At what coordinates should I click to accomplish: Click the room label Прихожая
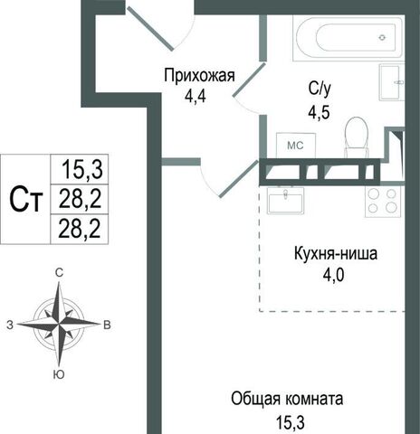pyautogui.click(x=199, y=76)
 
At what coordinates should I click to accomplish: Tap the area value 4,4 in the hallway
pyautogui.click(x=196, y=97)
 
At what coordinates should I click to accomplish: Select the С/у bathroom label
pyautogui.click(x=320, y=90)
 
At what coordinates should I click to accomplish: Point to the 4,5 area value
pyautogui.click(x=319, y=112)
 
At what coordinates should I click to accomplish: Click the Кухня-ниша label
pyautogui.click(x=336, y=254)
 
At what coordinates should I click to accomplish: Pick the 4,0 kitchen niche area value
pyautogui.click(x=334, y=275)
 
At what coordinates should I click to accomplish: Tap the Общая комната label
pyautogui.click(x=287, y=399)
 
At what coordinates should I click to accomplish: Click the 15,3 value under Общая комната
pyautogui.click(x=291, y=422)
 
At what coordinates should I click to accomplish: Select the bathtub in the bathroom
pyautogui.click(x=348, y=38)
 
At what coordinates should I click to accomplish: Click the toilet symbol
pyautogui.click(x=357, y=137)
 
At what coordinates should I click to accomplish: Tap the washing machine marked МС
pyautogui.click(x=296, y=146)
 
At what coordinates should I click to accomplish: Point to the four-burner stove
pyautogui.click(x=382, y=201)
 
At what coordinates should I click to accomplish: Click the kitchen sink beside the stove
pyautogui.click(x=285, y=200)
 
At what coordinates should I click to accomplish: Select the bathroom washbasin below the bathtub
pyautogui.click(x=391, y=82)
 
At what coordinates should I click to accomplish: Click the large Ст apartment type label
pyautogui.click(x=25, y=199)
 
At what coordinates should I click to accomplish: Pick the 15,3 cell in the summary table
pyautogui.click(x=82, y=169)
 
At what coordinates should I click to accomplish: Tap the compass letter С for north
pyautogui.click(x=59, y=273)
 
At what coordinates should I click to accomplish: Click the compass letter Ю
pyautogui.click(x=59, y=374)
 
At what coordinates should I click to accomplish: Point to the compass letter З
pyautogui.click(x=10, y=325)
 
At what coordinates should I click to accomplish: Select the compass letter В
pyautogui.click(x=107, y=325)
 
